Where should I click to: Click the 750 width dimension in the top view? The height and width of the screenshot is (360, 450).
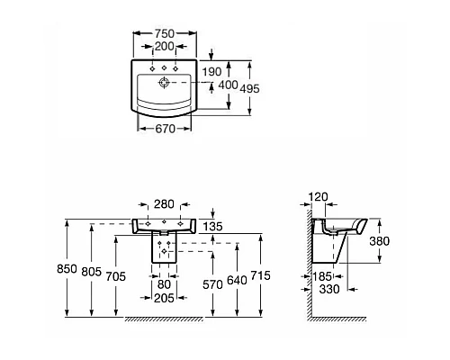[165, 33]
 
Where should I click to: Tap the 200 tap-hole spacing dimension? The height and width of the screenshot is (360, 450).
[164, 46]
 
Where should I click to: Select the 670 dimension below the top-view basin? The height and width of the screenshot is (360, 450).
[165, 129]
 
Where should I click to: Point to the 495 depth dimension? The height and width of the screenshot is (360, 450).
[250, 89]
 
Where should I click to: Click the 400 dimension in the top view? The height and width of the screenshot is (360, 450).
[228, 85]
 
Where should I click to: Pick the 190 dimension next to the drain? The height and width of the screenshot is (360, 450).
[211, 72]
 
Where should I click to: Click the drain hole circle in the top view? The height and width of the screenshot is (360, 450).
[164, 82]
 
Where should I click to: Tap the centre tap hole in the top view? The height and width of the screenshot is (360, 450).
[164, 68]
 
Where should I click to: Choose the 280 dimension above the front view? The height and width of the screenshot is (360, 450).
[164, 204]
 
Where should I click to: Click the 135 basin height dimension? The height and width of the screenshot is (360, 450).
[212, 227]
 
